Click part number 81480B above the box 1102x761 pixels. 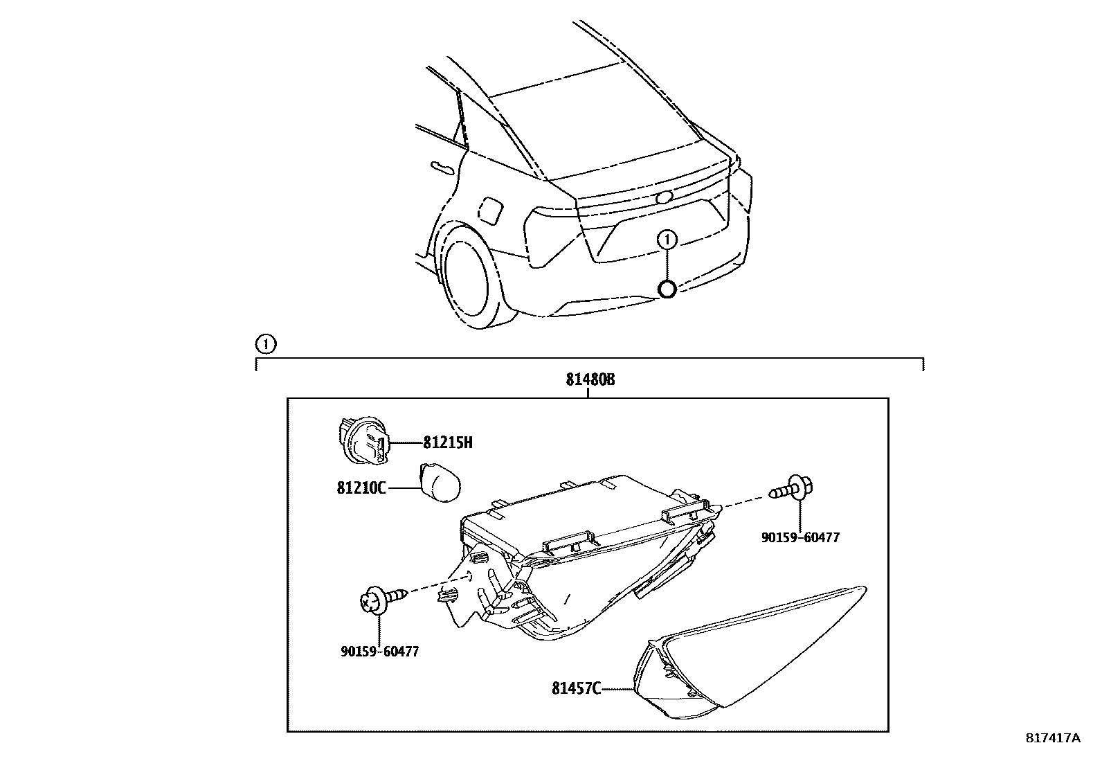[590, 380]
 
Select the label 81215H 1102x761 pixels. [448, 442]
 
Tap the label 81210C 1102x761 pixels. [361, 487]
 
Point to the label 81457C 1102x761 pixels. [575, 688]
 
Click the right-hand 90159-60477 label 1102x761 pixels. [800, 537]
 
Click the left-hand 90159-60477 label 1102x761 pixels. [379, 652]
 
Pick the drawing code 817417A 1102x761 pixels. [1053, 738]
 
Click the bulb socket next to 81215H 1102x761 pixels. [363, 440]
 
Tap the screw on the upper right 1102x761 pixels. [793, 490]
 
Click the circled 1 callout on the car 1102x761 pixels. [667, 240]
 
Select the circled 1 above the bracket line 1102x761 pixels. [265, 343]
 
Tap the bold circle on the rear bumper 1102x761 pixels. [667, 289]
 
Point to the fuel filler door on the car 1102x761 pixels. [490, 211]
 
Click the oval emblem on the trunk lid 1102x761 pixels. [665, 197]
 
